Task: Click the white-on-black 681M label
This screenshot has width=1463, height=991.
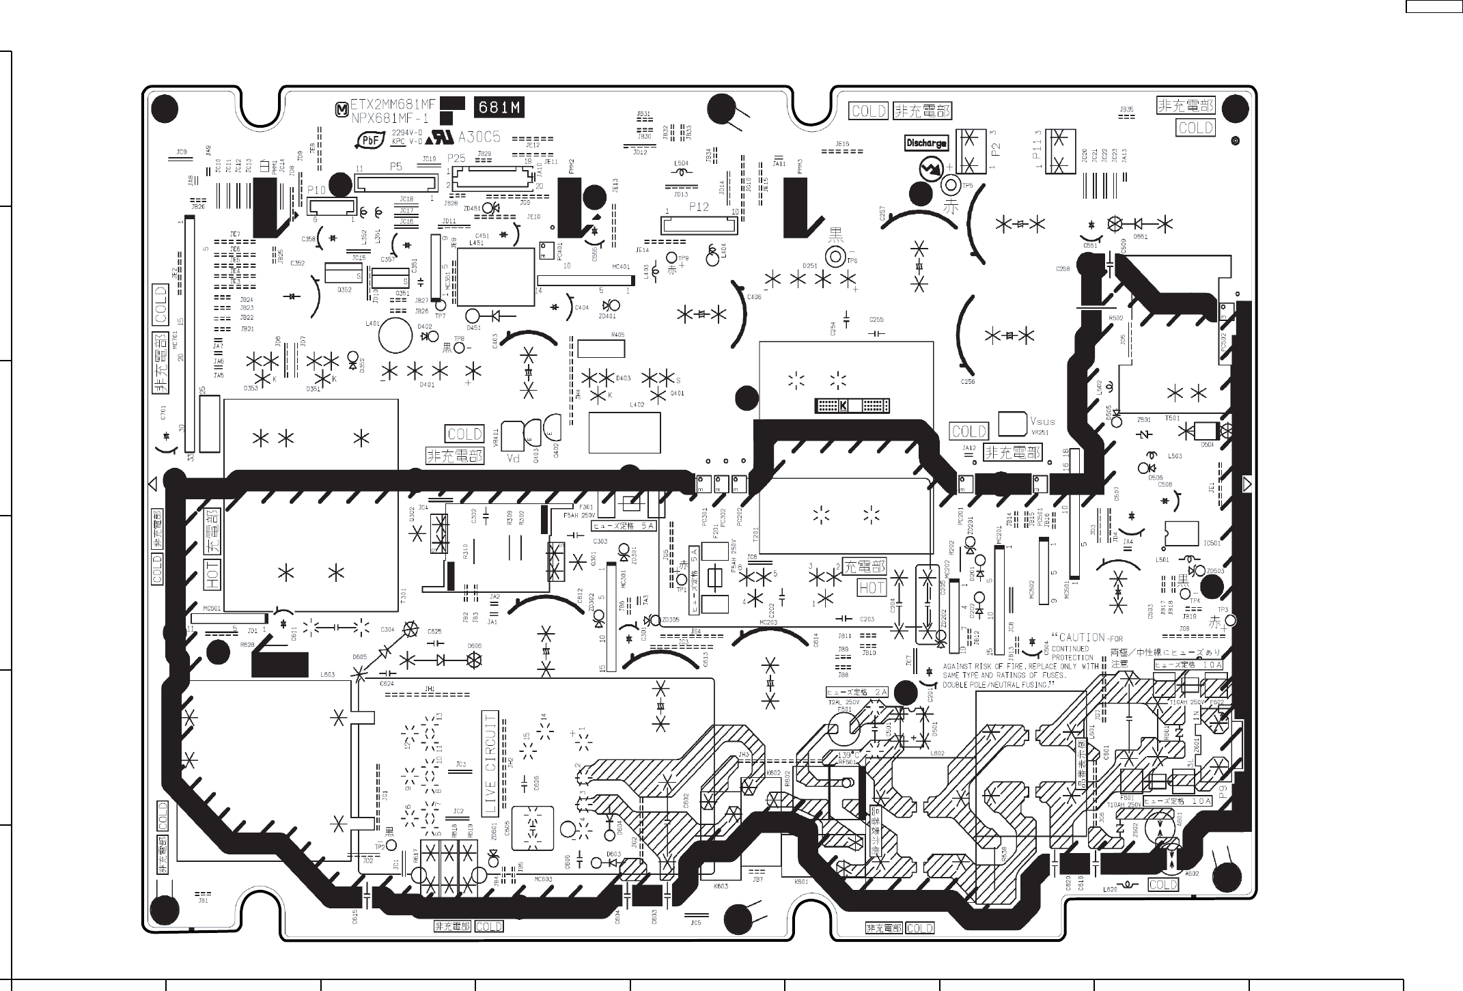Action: click(499, 107)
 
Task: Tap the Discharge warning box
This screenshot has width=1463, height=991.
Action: click(926, 143)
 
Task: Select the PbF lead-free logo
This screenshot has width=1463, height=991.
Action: click(370, 140)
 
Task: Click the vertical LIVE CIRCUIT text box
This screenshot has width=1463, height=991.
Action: click(490, 763)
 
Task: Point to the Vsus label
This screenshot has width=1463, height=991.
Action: click(1042, 422)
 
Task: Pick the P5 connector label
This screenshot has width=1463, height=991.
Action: click(395, 167)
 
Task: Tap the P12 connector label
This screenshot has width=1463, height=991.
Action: click(699, 207)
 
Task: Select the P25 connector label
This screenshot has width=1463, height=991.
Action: click(456, 158)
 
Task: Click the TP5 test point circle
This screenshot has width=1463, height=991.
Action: click(950, 185)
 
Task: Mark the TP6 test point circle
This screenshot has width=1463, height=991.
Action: click(835, 257)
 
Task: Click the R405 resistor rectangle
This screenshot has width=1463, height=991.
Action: click(601, 348)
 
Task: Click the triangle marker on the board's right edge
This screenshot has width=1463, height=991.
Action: click(1247, 484)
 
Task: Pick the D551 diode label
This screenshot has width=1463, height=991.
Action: click(1140, 237)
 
